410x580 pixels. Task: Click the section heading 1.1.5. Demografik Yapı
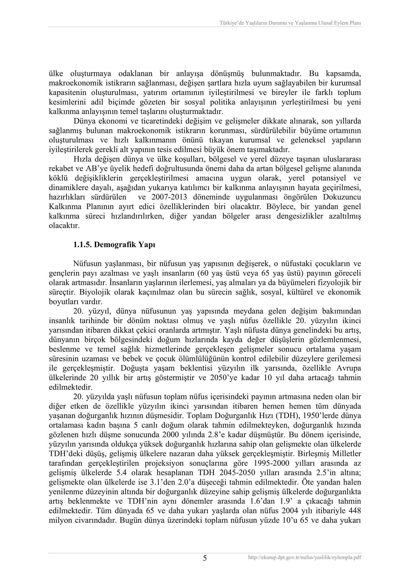(114, 245)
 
